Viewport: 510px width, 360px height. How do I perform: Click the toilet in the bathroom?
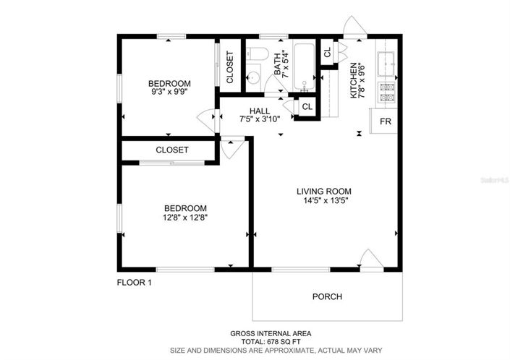coord(257,55)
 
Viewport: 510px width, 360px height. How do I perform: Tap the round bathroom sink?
coord(253,79)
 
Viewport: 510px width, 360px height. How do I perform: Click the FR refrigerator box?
coord(386,121)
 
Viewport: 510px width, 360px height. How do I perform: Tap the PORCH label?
coord(327,296)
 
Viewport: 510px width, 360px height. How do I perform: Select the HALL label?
coord(260,111)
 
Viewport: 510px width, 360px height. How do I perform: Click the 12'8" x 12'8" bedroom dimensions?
coord(186,216)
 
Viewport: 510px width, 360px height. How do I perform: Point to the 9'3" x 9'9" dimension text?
coord(170,93)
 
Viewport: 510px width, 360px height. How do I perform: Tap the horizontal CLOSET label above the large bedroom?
coord(172,150)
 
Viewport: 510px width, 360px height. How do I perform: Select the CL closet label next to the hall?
coord(306,107)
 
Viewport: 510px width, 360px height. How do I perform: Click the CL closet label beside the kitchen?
coord(327,53)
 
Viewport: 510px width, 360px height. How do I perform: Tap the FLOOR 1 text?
coord(135,283)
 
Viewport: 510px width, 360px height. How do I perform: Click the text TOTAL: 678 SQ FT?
coord(271,341)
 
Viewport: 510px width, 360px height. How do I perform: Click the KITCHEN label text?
coord(354,80)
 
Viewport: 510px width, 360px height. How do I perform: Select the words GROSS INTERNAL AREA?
coord(271,333)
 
